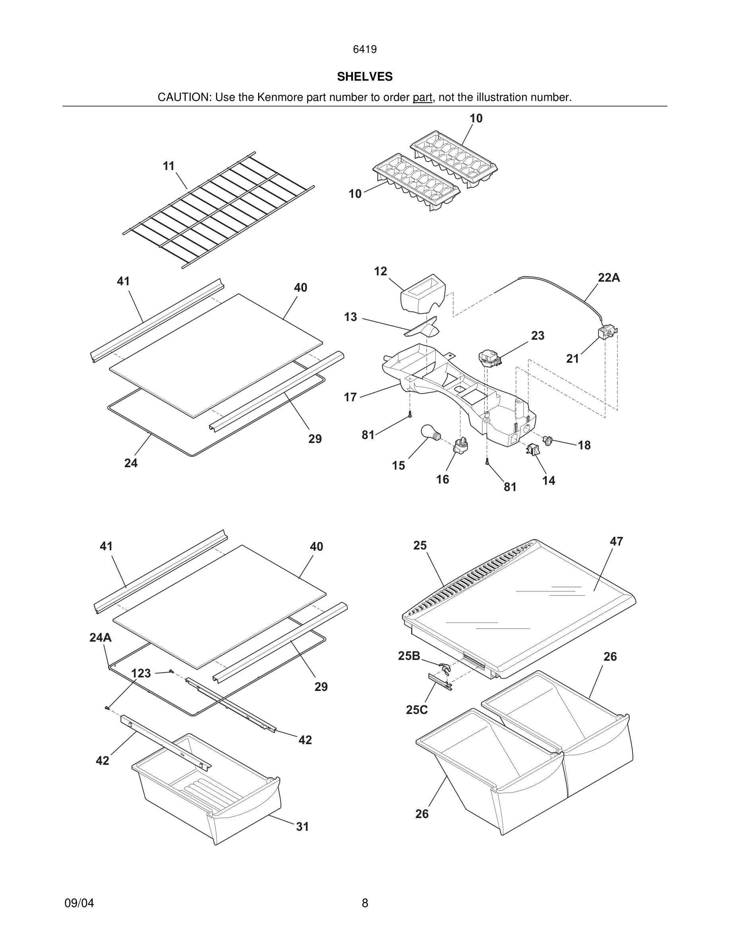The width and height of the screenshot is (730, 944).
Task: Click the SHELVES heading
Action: coord(365,77)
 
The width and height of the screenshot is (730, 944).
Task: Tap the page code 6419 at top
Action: coord(365,50)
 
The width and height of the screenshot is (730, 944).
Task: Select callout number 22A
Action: coord(608,278)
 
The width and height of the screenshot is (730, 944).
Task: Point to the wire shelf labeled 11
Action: coord(218,210)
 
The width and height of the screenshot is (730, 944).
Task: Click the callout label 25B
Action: coord(409,656)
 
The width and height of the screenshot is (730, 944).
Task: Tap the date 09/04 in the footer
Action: coord(79,903)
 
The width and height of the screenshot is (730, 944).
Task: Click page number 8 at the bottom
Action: coord(365,903)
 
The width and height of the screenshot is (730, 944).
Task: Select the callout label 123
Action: coord(141,673)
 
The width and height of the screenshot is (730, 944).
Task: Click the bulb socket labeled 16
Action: coord(461,446)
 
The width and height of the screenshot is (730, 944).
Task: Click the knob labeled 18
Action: coord(548,441)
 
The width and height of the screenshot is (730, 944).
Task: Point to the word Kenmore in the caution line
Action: coord(280,98)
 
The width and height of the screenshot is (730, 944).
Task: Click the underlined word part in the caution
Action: coord(422,98)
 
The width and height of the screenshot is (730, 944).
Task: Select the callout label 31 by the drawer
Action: coord(302,827)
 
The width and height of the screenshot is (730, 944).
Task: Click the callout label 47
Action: coord(616,542)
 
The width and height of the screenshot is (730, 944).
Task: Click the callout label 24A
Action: coord(100,638)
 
